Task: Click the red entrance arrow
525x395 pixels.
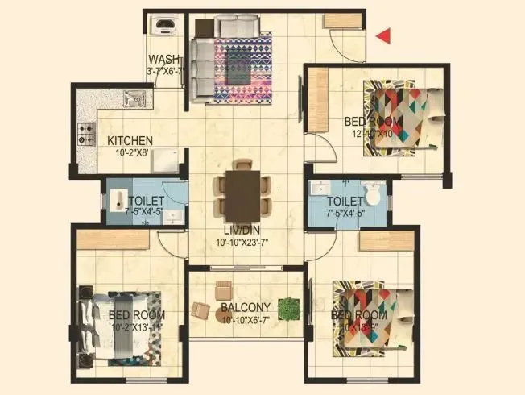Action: click(x=385, y=35)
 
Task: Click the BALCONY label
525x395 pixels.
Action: click(x=246, y=307)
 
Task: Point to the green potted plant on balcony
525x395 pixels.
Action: click(x=287, y=307)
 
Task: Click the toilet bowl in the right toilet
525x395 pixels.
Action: click(x=372, y=194)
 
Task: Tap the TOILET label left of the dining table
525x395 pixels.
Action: click(x=147, y=200)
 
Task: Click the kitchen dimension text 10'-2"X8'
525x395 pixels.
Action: click(x=131, y=153)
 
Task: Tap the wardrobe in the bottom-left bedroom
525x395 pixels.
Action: click(x=114, y=239)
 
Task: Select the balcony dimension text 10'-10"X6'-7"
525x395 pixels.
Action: click(x=246, y=319)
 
